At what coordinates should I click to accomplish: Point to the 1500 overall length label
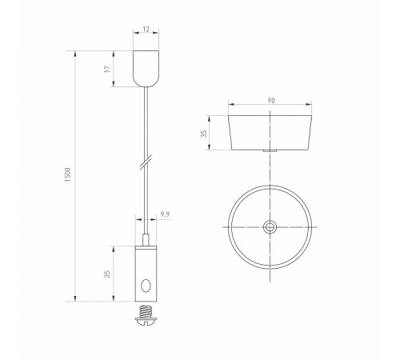[x=68, y=175]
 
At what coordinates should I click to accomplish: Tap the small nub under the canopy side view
[x=271, y=151]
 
